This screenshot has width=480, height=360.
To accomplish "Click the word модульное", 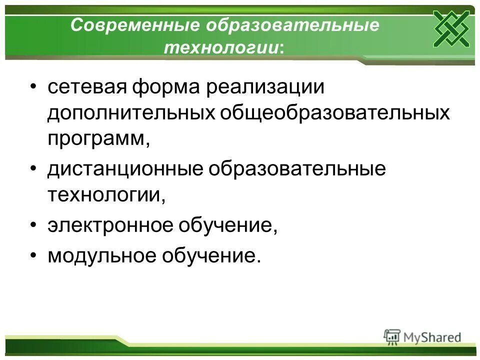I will click(98, 256).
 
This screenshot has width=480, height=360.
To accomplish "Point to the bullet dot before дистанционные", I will click(33, 169).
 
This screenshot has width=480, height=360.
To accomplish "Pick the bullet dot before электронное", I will click(33, 226).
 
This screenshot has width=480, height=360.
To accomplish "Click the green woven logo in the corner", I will click(451, 28).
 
